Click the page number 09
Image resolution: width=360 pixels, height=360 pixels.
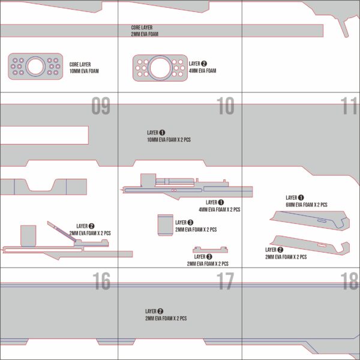click(101, 107)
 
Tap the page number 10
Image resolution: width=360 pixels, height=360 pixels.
click(225, 107)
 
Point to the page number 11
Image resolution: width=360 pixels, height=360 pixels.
click(349, 107)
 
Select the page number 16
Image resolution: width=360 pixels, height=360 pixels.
click(101, 281)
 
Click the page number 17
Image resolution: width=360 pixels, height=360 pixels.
click(225, 281)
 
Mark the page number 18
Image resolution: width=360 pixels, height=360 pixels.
click(349, 281)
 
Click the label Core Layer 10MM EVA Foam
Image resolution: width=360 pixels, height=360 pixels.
click(84, 68)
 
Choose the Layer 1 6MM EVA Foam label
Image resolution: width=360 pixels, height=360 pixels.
click(306, 201)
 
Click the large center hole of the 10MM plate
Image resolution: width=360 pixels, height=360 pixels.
click(35, 66)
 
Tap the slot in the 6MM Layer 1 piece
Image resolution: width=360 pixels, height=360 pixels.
click(323, 221)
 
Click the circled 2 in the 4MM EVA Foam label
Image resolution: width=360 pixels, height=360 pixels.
click(204, 64)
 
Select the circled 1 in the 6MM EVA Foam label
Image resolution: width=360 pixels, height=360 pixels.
click(301, 197)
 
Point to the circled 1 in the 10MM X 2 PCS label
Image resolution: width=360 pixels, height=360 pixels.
click(162, 133)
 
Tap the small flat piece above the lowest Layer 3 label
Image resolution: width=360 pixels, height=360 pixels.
click(209, 250)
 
